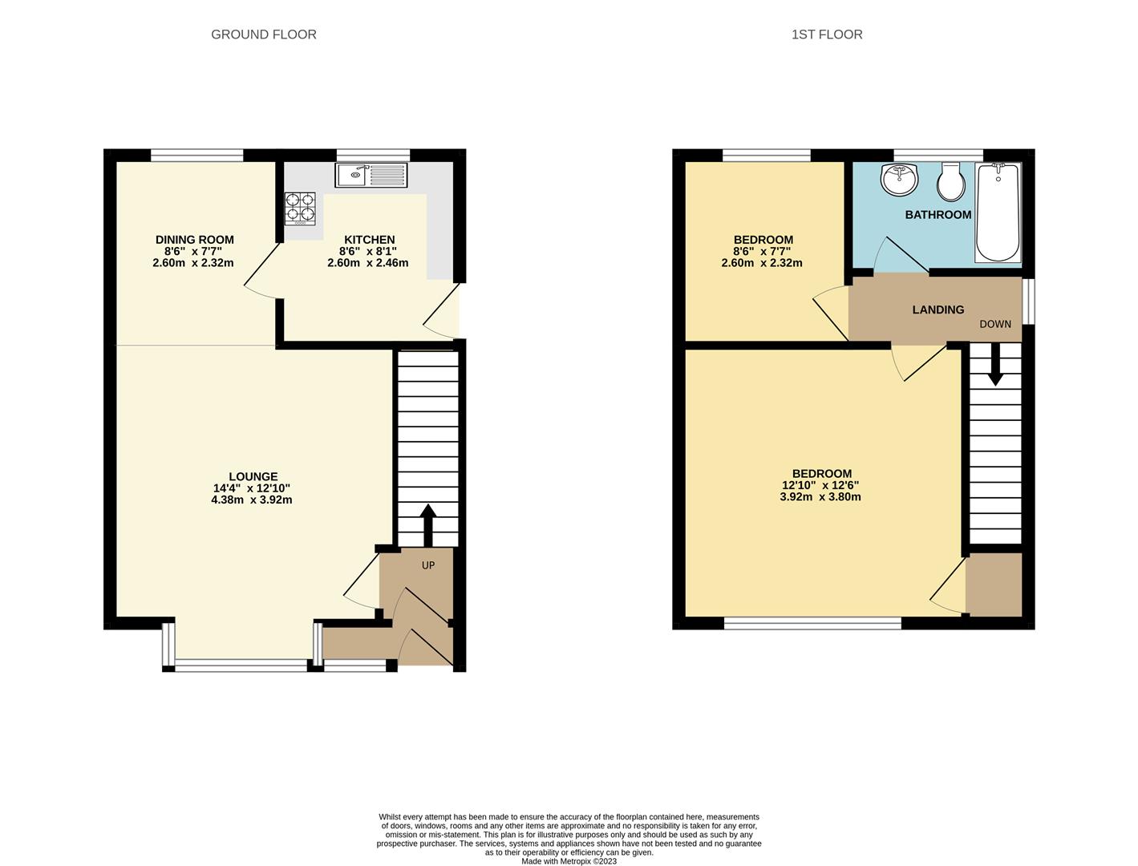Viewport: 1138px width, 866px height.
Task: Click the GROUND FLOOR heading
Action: [x=263, y=34]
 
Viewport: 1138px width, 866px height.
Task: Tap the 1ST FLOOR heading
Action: [x=826, y=34]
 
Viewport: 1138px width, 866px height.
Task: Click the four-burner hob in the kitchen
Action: [x=299, y=208]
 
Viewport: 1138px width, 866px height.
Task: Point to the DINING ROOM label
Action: [x=194, y=240]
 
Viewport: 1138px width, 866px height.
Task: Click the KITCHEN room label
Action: [x=369, y=240]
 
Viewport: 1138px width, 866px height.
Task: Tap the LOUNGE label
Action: [x=253, y=476]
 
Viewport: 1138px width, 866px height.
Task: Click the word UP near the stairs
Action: [x=428, y=565]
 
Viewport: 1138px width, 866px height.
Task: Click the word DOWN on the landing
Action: [x=994, y=324]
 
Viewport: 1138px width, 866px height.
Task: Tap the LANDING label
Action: [x=938, y=310]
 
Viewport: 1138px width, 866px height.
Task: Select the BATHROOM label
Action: [x=938, y=215]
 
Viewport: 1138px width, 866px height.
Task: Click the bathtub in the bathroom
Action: [x=998, y=212]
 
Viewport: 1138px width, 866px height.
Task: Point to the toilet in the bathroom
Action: [x=951, y=182]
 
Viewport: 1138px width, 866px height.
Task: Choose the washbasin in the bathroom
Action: [x=900, y=179]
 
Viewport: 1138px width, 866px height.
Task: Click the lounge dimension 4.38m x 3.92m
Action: [x=251, y=500]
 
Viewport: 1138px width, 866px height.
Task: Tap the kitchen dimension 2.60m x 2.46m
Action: [x=367, y=263]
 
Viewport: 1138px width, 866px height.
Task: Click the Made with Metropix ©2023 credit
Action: [x=569, y=861]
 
